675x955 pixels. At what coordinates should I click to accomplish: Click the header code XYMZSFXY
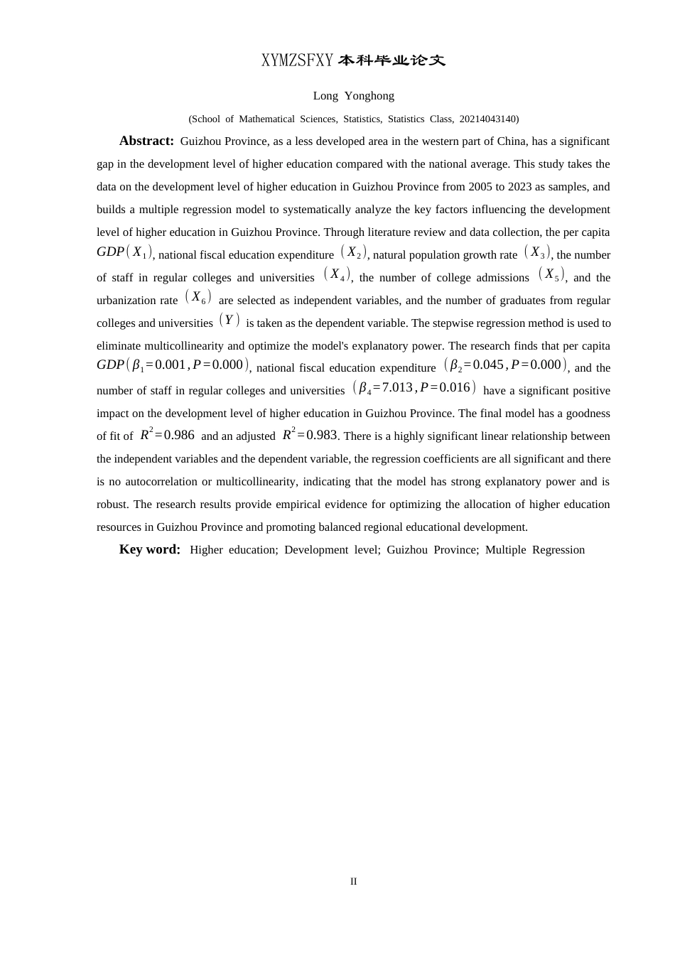(x=297, y=61)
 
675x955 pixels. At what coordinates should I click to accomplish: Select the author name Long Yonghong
(x=353, y=96)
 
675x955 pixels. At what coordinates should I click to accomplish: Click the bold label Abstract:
(x=146, y=141)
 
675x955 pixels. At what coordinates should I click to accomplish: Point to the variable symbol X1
(x=139, y=252)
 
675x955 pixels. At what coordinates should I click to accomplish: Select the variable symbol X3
(x=537, y=252)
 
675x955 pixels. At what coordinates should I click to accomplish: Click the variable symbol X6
(x=198, y=297)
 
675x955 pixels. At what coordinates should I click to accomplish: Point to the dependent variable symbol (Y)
(x=229, y=320)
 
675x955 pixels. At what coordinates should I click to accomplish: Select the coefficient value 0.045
(x=488, y=365)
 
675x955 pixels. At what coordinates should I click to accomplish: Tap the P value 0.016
(x=455, y=387)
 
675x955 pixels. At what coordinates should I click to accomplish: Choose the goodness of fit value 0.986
(x=179, y=435)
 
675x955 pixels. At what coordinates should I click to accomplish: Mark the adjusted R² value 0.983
(x=321, y=435)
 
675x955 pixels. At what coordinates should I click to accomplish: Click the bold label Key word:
(x=150, y=549)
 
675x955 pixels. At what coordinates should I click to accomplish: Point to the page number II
(x=353, y=881)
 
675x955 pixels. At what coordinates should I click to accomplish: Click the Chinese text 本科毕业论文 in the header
(x=391, y=61)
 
